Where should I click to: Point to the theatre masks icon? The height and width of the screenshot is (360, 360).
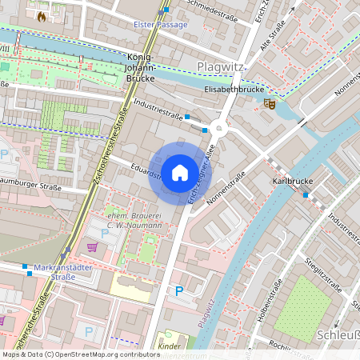point(270,103)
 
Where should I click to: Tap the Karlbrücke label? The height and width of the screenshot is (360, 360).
point(291,182)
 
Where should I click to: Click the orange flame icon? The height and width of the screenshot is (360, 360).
point(42,15)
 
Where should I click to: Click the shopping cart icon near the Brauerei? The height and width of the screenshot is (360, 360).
point(91,247)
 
